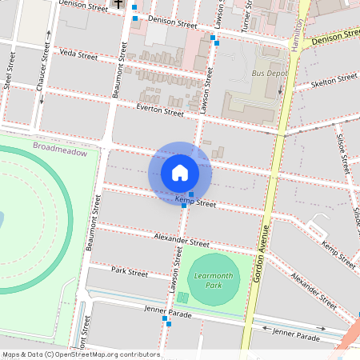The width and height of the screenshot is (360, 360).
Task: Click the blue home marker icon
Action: tap(180, 173)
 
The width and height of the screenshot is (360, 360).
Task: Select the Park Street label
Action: tap(130, 273)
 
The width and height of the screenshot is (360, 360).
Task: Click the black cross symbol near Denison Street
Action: tap(118, 4)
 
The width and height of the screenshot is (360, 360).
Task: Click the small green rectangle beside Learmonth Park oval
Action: tap(182, 298)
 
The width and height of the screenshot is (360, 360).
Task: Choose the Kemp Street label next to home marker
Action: tap(196, 204)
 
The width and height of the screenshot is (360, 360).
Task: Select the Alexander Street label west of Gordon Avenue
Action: tap(182, 242)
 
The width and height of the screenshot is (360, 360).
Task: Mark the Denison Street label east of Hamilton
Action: tap(334, 37)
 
